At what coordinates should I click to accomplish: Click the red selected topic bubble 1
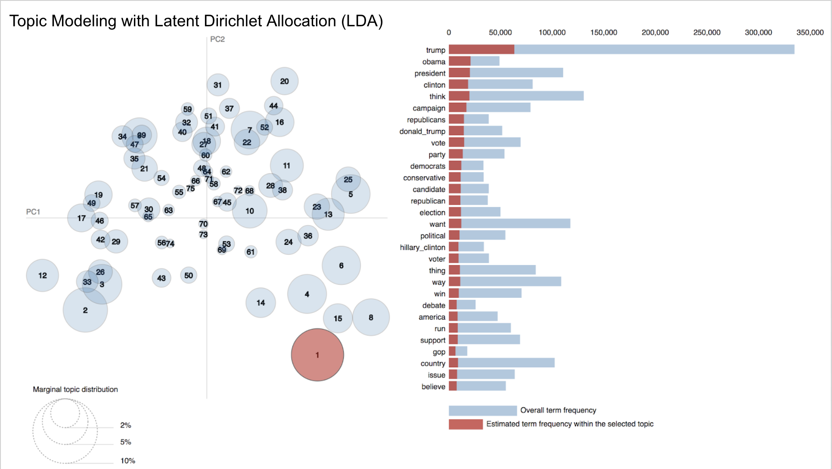point(317,355)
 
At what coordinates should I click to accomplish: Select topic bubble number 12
point(42,275)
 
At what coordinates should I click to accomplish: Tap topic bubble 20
point(284,81)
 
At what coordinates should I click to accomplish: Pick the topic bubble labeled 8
point(371,317)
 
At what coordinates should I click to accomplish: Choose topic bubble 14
point(261,303)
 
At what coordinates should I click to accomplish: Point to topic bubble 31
point(217,85)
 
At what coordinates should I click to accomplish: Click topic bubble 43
point(161,278)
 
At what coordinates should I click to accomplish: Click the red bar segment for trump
point(481,50)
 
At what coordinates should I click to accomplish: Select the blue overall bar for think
point(526,96)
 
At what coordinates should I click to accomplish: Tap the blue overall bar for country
point(506,363)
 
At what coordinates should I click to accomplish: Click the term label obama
point(434,62)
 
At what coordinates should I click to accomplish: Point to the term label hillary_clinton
point(422,247)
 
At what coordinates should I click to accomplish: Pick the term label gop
point(439,352)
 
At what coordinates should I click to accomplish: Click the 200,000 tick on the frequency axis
point(655,32)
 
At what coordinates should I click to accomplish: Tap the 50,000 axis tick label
point(500,32)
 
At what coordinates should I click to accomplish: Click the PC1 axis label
point(33,212)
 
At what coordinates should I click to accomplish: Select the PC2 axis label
point(217,39)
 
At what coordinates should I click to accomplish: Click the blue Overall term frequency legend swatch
point(482,410)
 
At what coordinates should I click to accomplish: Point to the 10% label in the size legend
point(127,461)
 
